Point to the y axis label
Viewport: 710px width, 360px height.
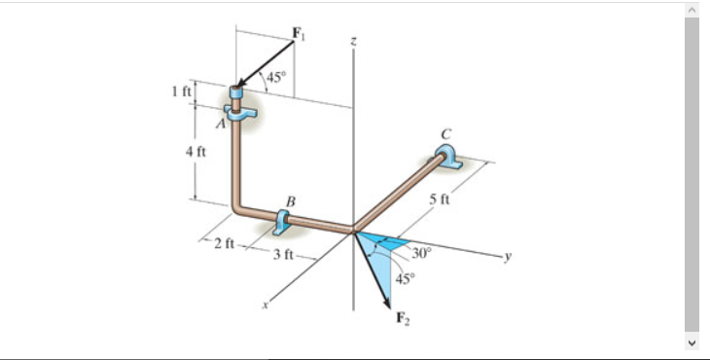[507, 258]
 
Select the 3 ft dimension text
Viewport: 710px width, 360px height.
[283, 255]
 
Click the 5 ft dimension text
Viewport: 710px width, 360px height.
[440, 200]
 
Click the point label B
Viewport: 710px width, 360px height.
[289, 201]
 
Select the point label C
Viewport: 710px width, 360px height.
[445, 133]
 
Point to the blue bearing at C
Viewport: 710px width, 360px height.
[447, 156]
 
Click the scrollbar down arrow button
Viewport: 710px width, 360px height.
[692, 343]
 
